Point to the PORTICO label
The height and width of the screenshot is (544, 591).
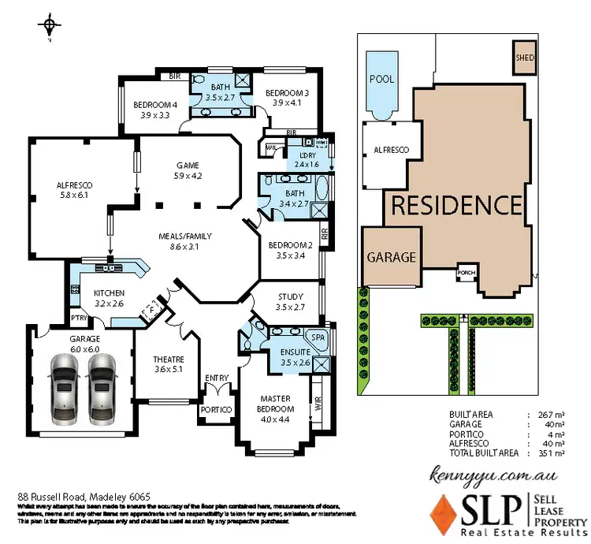(x=217, y=410)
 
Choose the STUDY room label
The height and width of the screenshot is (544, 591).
(x=291, y=297)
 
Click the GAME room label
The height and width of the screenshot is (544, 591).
(x=187, y=166)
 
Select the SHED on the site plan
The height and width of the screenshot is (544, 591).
(x=524, y=58)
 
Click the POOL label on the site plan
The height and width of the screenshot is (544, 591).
(x=382, y=80)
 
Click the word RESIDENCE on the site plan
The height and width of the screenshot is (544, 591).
(x=456, y=207)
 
